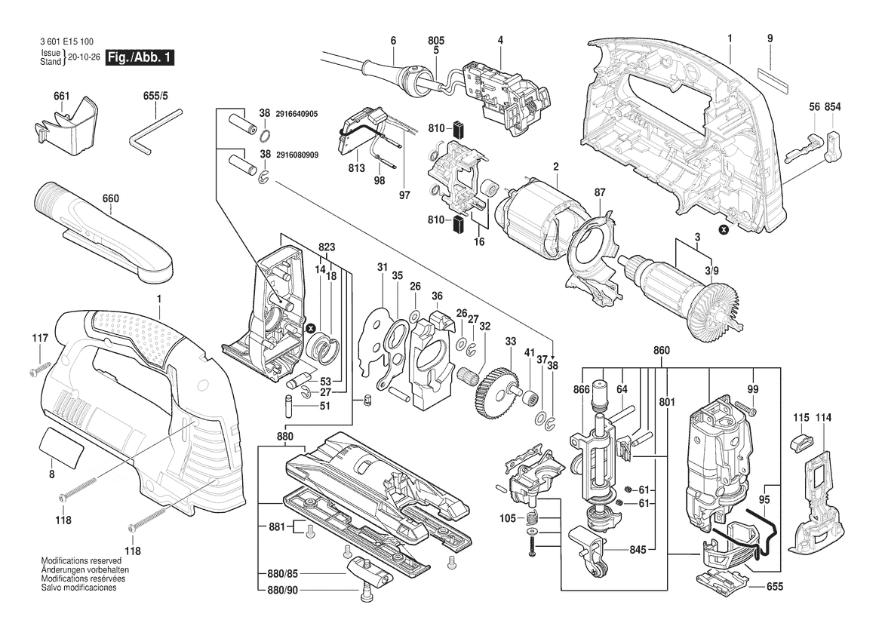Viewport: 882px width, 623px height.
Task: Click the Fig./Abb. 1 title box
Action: point(140,58)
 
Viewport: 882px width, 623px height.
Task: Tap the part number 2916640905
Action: point(297,113)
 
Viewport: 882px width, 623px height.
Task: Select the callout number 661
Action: point(62,96)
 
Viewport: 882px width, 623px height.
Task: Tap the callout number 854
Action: point(832,108)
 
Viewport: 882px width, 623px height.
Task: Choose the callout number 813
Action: point(356,167)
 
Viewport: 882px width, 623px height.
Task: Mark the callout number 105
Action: point(507,518)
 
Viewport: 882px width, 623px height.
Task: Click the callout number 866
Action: point(581,389)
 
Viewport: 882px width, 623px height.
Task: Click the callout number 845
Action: point(638,550)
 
